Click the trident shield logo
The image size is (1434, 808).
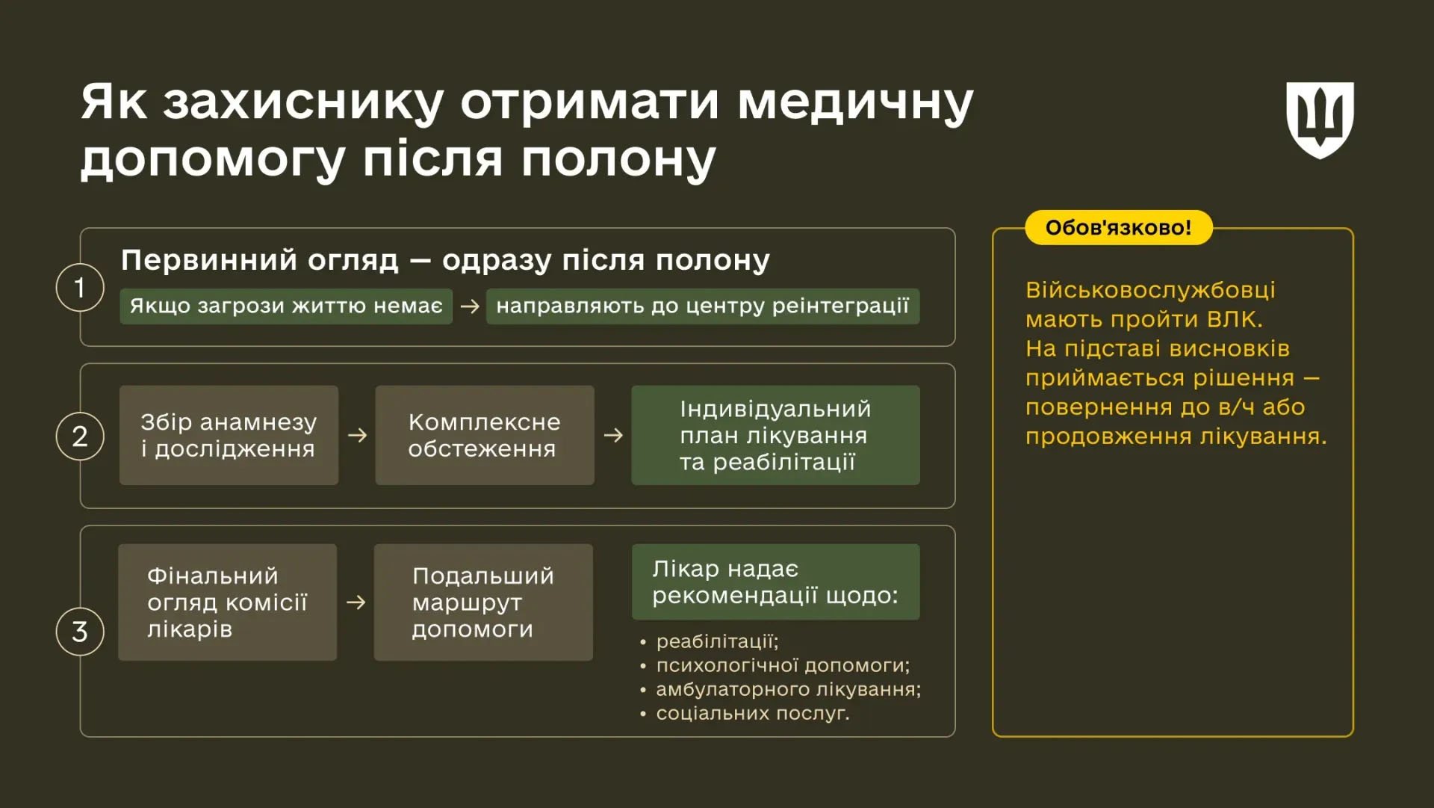pyautogui.click(x=1320, y=120)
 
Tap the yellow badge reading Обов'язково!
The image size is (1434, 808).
pyautogui.click(x=1118, y=228)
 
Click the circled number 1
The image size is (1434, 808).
pyautogui.click(x=80, y=287)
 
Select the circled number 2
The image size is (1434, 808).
pyautogui.click(x=80, y=436)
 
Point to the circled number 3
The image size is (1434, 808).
pyautogui.click(x=80, y=632)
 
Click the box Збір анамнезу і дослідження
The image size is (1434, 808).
pyautogui.click(x=229, y=435)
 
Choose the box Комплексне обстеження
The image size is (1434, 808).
pyautogui.click(x=484, y=435)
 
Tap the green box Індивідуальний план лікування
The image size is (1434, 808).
pyautogui.click(x=775, y=435)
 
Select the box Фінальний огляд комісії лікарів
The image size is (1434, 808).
pyautogui.click(x=227, y=602)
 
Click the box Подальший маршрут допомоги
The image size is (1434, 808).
pyautogui.click(x=483, y=602)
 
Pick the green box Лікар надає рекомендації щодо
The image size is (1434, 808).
pyautogui.click(x=775, y=582)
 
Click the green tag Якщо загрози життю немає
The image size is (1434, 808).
pyautogui.click(x=286, y=306)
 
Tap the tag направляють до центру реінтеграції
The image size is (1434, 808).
pyautogui.click(x=702, y=306)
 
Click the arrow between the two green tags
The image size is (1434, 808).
pyautogui.click(x=470, y=306)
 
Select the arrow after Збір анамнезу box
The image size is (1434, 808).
pyautogui.click(x=357, y=435)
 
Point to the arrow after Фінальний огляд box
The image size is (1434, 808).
pyautogui.click(x=356, y=602)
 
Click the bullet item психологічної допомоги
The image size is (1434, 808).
pyautogui.click(x=783, y=665)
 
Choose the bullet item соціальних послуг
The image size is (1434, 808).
pyautogui.click(x=753, y=713)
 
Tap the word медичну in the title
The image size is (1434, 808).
pyautogui.click(x=855, y=102)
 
